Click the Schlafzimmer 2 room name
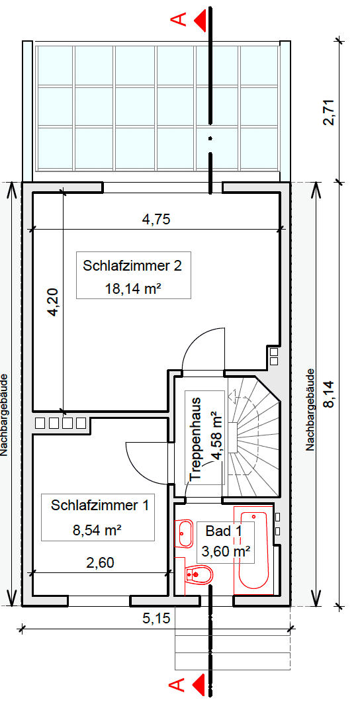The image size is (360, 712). click(132, 266)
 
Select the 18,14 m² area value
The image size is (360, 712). click(134, 288)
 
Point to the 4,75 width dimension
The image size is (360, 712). click(156, 220)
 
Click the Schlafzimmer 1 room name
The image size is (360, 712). click(99, 506)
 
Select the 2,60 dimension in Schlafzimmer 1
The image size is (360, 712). click(101, 564)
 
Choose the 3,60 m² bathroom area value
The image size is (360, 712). click(225, 551)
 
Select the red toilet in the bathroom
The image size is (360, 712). click(199, 575)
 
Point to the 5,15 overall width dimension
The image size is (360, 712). click(156, 619)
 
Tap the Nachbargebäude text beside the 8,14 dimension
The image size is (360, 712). click(309, 410)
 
